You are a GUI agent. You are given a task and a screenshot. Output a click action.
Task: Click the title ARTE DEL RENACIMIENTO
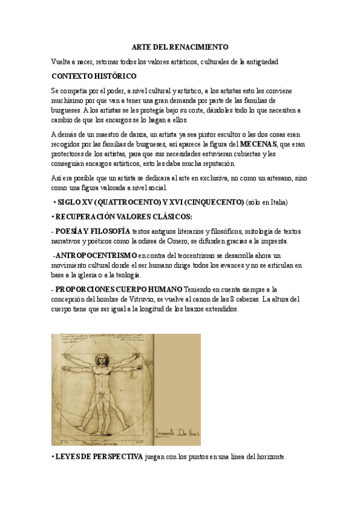180,47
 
